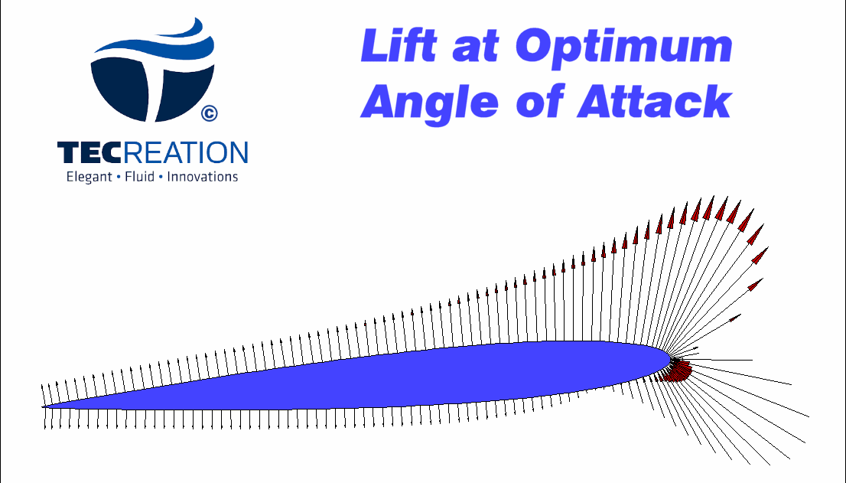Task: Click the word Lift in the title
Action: point(399,45)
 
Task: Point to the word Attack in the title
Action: point(655,102)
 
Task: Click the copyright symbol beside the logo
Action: point(210,113)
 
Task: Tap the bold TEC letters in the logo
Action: point(89,152)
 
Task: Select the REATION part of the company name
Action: point(185,152)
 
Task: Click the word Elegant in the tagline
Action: point(89,178)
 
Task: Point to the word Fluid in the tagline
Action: point(140,177)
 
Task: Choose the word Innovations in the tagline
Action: point(203,177)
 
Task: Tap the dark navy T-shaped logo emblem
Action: point(153,86)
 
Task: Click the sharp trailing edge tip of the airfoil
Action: point(43,407)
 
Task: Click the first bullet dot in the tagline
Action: point(119,178)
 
